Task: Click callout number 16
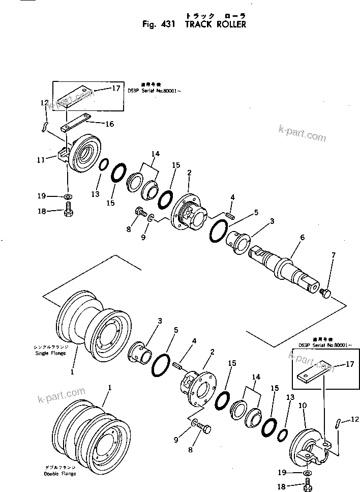coord(109,124)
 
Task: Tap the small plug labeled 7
coord(326,292)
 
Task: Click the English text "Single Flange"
coord(50,353)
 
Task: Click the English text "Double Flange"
coord(59,473)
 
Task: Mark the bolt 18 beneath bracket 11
coord(69,210)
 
